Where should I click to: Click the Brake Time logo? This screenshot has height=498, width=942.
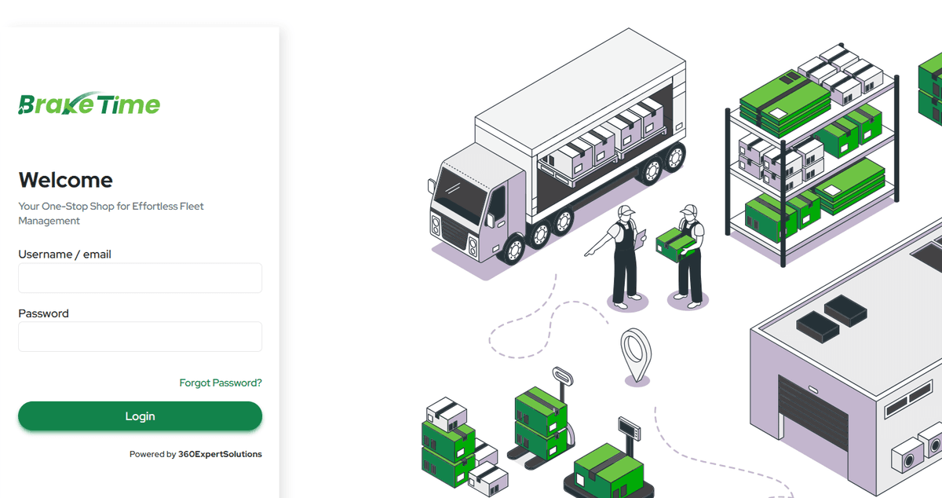(89, 104)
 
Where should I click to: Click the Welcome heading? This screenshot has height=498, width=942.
(65, 180)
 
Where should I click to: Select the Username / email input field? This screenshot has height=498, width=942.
(140, 278)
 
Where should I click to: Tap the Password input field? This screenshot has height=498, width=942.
(140, 336)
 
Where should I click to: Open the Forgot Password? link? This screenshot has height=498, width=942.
(221, 383)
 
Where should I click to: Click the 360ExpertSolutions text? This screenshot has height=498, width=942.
(220, 454)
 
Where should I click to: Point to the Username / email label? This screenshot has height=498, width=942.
(64, 254)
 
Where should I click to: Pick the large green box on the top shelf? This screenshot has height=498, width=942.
(785, 98)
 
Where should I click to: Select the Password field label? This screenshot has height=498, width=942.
(43, 313)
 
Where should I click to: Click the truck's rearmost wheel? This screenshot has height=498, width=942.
(674, 159)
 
